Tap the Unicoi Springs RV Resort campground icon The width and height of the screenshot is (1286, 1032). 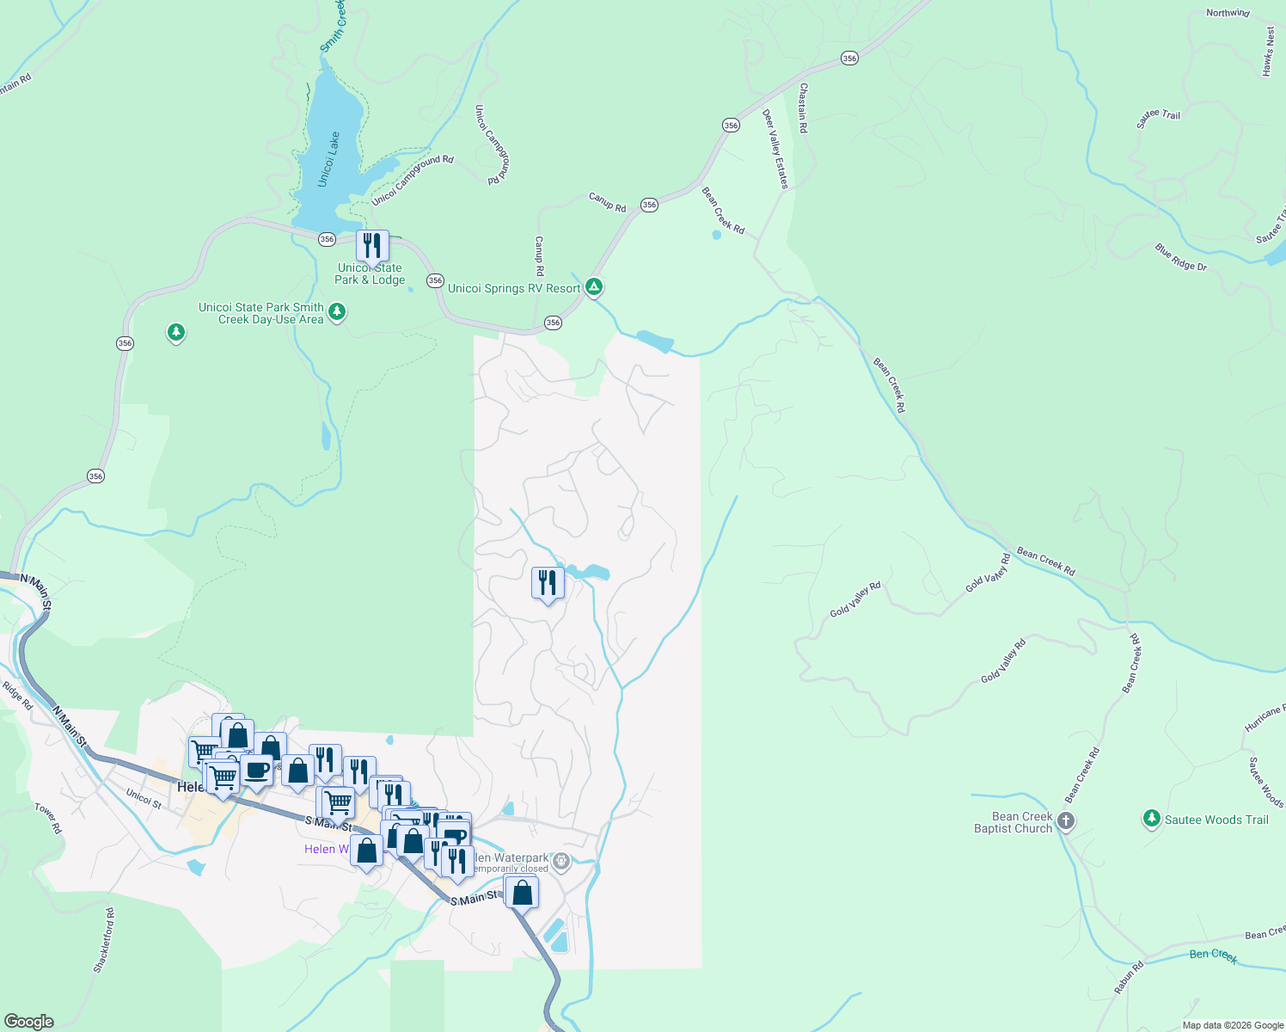click(x=594, y=287)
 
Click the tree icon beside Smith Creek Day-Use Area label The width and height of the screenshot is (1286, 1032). click(x=337, y=311)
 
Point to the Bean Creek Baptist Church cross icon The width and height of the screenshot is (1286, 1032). click(x=1066, y=820)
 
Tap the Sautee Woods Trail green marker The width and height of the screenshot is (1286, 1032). click(x=1152, y=818)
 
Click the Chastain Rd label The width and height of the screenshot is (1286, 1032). click(x=803, y=107)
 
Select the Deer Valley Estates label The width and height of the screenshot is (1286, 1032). click(x=775, y=149)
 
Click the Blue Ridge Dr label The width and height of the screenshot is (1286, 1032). click(x=1180, y=257)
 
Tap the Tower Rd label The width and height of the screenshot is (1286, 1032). click(x=48, y=818)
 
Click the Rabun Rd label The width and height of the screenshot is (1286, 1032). click(x=1130, y=978)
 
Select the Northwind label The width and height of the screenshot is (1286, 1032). click(x=1228, y=13)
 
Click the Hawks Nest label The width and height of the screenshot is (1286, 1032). click(x=1269, y=52)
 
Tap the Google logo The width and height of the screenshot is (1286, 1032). click(x=28, y=1021)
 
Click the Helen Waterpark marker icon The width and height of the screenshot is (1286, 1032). click(x=561, y=861)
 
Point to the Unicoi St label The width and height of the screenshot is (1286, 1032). click(x=144, y=799)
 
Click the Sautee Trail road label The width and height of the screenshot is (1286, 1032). click(x=1158, y=119)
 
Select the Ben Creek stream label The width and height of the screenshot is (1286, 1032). click(x=1213, y=955)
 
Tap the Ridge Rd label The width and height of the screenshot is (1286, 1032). click(x=17, y=695)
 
